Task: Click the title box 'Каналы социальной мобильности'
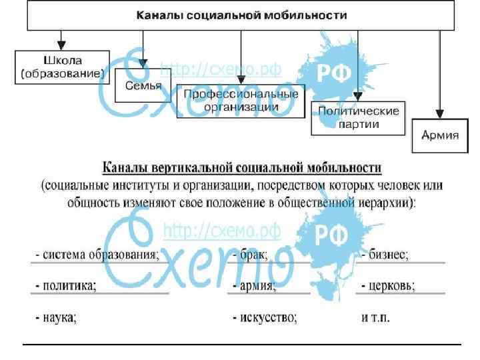241,15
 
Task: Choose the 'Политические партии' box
358,117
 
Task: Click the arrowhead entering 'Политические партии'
358,96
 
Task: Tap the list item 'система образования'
97,254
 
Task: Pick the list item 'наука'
56,318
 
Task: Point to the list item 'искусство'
265,318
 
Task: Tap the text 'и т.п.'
377,318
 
